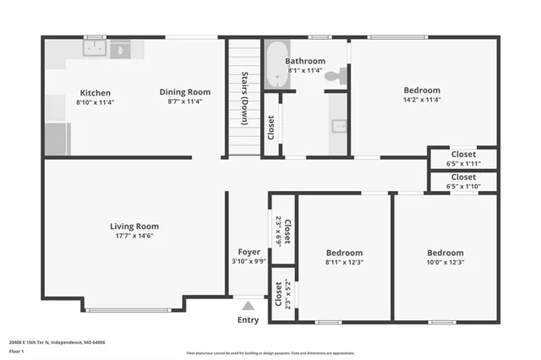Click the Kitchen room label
coord(95,92)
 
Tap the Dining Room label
coord(185,92)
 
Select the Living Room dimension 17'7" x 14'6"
coord(134,236)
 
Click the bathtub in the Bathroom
coord(276,65)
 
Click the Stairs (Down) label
coord(243,97)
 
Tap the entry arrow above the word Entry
coord(249,305)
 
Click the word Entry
coord(249,319)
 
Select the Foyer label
coord(249,252)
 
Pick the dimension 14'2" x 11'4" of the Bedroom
coord(422,100)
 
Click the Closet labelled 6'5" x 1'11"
coord(462,158)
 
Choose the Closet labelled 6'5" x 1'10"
coord(462,182)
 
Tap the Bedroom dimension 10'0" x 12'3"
coord(445,263)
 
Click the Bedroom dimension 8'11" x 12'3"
coord(344,263)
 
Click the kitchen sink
coord(92,50)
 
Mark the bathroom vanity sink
coord(340,126)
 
